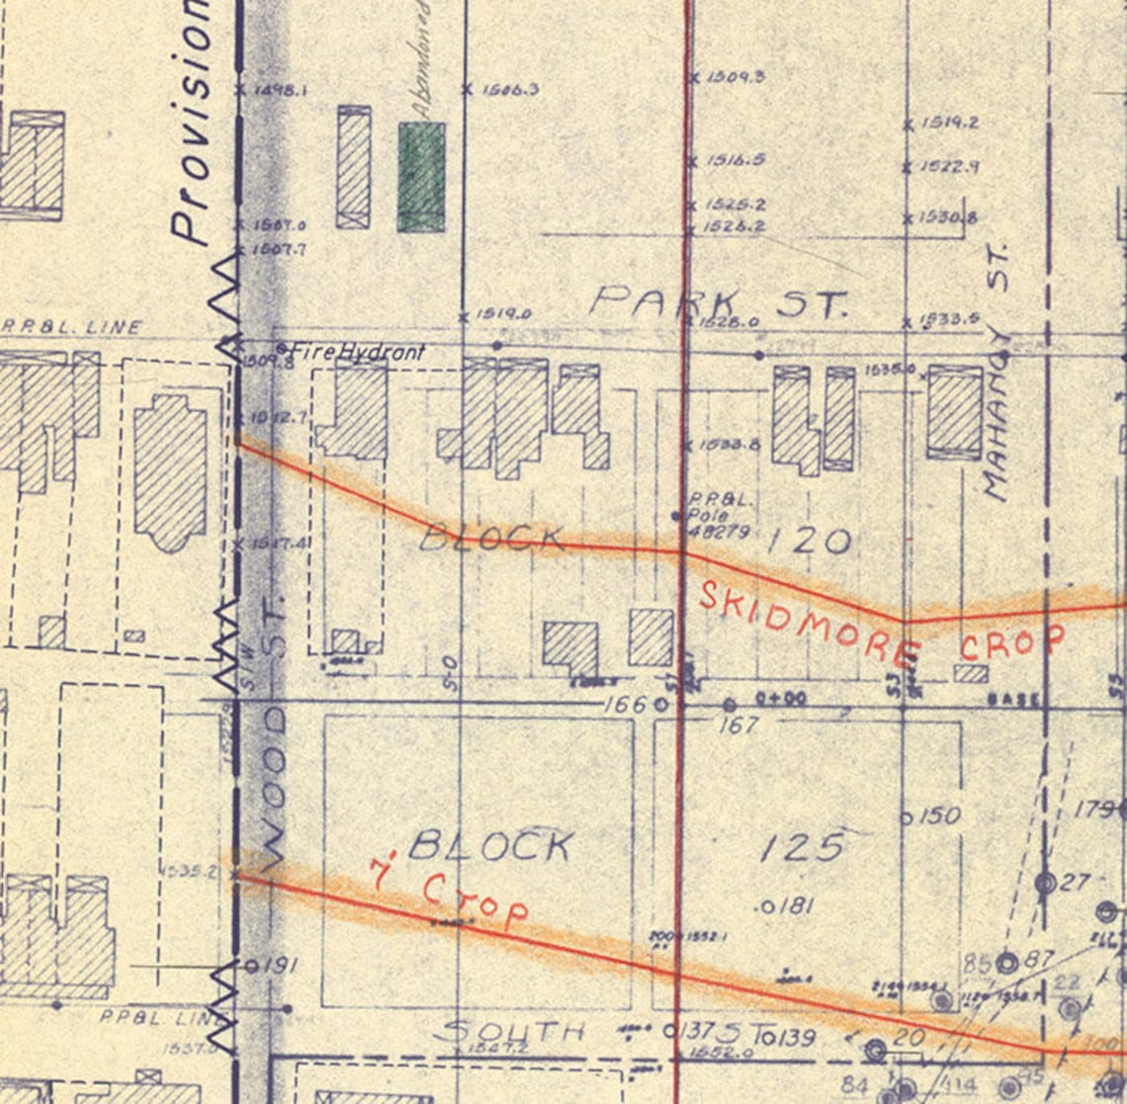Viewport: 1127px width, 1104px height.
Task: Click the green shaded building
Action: [421, 177]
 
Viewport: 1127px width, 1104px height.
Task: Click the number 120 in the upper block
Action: [809, 541]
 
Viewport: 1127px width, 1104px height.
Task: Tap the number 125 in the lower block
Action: [803, 846]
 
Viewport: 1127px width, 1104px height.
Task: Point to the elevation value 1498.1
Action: [280, 90]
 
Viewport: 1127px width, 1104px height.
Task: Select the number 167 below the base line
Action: [737, 724]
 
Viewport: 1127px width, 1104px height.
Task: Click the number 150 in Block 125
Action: [938, 816]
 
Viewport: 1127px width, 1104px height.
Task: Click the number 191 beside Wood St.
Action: [279, 966]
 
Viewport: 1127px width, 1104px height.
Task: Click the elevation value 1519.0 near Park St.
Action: [503, 314]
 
